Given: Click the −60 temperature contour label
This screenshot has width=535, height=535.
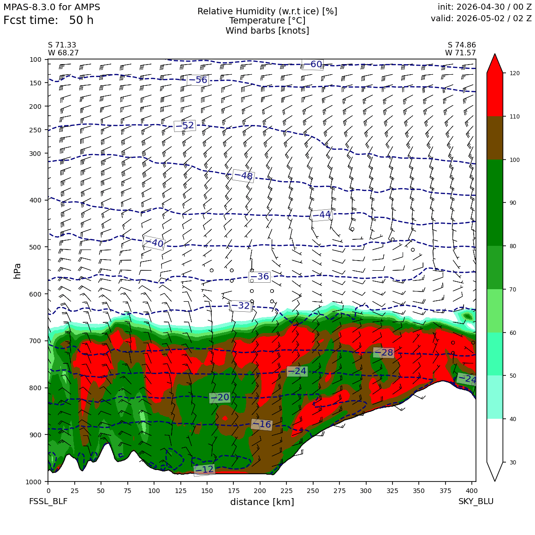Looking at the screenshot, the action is pos(313,64).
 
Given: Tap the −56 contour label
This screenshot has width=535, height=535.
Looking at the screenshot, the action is pos(197,80).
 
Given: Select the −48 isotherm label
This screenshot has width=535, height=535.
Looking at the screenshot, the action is pos(243,176).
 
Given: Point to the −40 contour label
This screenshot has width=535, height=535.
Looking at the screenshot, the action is pos(154,243).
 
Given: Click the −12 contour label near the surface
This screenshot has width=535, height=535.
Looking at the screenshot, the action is pos(204,470).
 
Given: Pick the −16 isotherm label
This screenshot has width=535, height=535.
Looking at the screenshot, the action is pos(262,424).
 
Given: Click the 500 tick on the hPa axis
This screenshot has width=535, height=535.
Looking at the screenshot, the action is pos(36,247).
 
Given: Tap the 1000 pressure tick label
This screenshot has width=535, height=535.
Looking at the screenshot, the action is pos(34,481).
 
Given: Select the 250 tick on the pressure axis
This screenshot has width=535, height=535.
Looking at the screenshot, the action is pos(36,130).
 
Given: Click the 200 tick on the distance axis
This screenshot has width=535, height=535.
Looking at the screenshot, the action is pos(260,491).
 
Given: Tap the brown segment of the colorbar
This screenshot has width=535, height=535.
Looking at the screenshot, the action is pos(495,138).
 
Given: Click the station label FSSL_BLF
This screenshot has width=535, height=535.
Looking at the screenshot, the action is pos(48,501).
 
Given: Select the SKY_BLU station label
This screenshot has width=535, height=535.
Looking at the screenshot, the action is pos(476,501).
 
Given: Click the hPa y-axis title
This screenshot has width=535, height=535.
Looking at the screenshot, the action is pos(17,271).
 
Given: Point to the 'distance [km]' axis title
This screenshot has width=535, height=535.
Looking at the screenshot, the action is pos(262,502).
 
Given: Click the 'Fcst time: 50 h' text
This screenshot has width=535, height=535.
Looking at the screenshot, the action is pos(48,20).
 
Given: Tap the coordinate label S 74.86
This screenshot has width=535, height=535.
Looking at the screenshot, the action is pos(462,45).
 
